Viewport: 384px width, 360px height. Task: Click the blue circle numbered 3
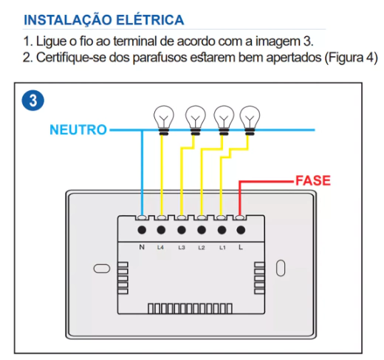pyautogui.click(x=33, y=101)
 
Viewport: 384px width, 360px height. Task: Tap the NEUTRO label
pyautogui.click(x=78, y=130)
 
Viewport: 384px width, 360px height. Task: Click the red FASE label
pyautogui.click(x=313, y=180)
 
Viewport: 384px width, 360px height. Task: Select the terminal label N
pyautogui.click(x=142, y=247)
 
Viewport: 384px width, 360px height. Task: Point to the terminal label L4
pyautogui.click(x=160, y=247)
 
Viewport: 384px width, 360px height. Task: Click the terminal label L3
pyautogui.click(x=182, y=247)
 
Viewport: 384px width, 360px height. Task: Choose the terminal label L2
pyautogui.click(x=202, y=247)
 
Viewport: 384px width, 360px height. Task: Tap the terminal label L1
pyautogui.click(x=222, y=247)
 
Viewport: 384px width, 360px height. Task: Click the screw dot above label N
pyautogui.click(x=142, y=230)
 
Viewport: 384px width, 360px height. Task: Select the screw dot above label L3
pyautogui.click(x=182, y=230)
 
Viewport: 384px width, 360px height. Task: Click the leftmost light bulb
pyautogui.click(x=164, y=120)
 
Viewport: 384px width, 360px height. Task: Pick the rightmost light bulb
pyautogui.click(x=250, y=120)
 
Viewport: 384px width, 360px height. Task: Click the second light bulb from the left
pyautogui.click(x=196, y=120)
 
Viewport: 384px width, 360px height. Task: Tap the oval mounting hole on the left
pyautogui.click(x=102, y=268)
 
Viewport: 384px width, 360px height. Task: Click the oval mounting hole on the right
pyautogui.click(x=281, y=268)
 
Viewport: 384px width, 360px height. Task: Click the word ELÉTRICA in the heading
pyautogui.click(x=150, y=19)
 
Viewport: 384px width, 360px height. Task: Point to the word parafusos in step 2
pyautogui.click(x=160, y=58)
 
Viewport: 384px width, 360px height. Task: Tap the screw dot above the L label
pyautogui.click(x=241, y=230)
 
